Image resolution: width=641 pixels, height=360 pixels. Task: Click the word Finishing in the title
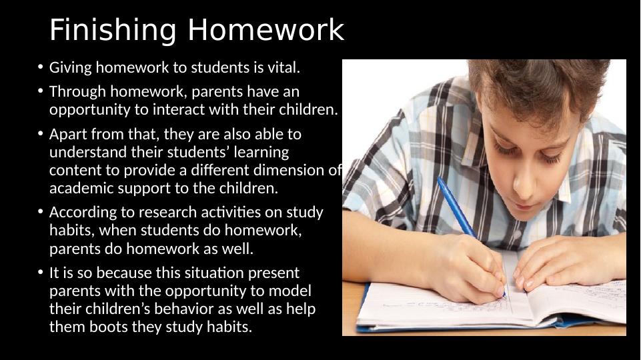[114, 31]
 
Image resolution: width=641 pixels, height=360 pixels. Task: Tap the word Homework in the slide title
[265, 31]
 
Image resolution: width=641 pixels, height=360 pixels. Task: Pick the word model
[292, 291]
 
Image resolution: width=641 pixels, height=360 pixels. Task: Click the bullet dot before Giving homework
[40, 67]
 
